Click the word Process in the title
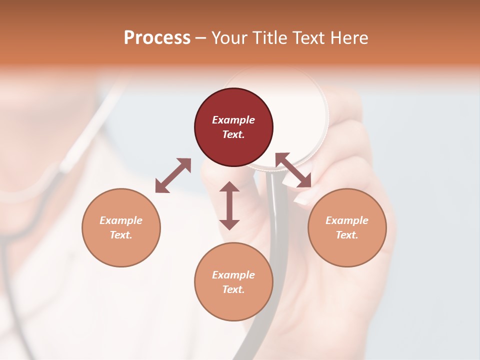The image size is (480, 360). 157,38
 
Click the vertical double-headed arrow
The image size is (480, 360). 229,205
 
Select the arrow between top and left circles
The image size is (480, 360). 173,175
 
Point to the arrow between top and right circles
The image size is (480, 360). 293,170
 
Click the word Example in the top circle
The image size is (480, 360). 233,120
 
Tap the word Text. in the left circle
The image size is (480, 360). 121,235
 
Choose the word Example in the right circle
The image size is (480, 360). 347,220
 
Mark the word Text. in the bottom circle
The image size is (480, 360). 233,289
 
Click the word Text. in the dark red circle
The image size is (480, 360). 233,134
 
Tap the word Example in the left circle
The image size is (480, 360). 121,220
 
